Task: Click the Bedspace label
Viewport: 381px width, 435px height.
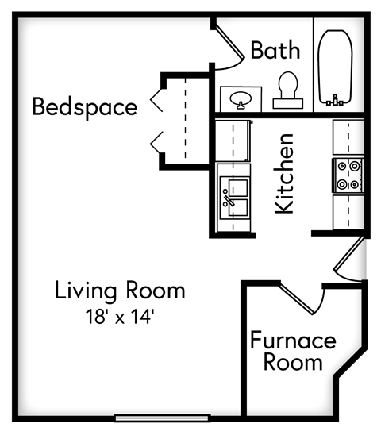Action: (x=84, y=106)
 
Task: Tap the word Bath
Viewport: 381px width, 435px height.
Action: (x=275, y=51)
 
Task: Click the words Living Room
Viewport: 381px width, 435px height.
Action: (x=120, y=291)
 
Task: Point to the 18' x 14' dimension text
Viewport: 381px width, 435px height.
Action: (x=120, y=317)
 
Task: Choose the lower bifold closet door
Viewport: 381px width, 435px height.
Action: (x=157, y=143)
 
